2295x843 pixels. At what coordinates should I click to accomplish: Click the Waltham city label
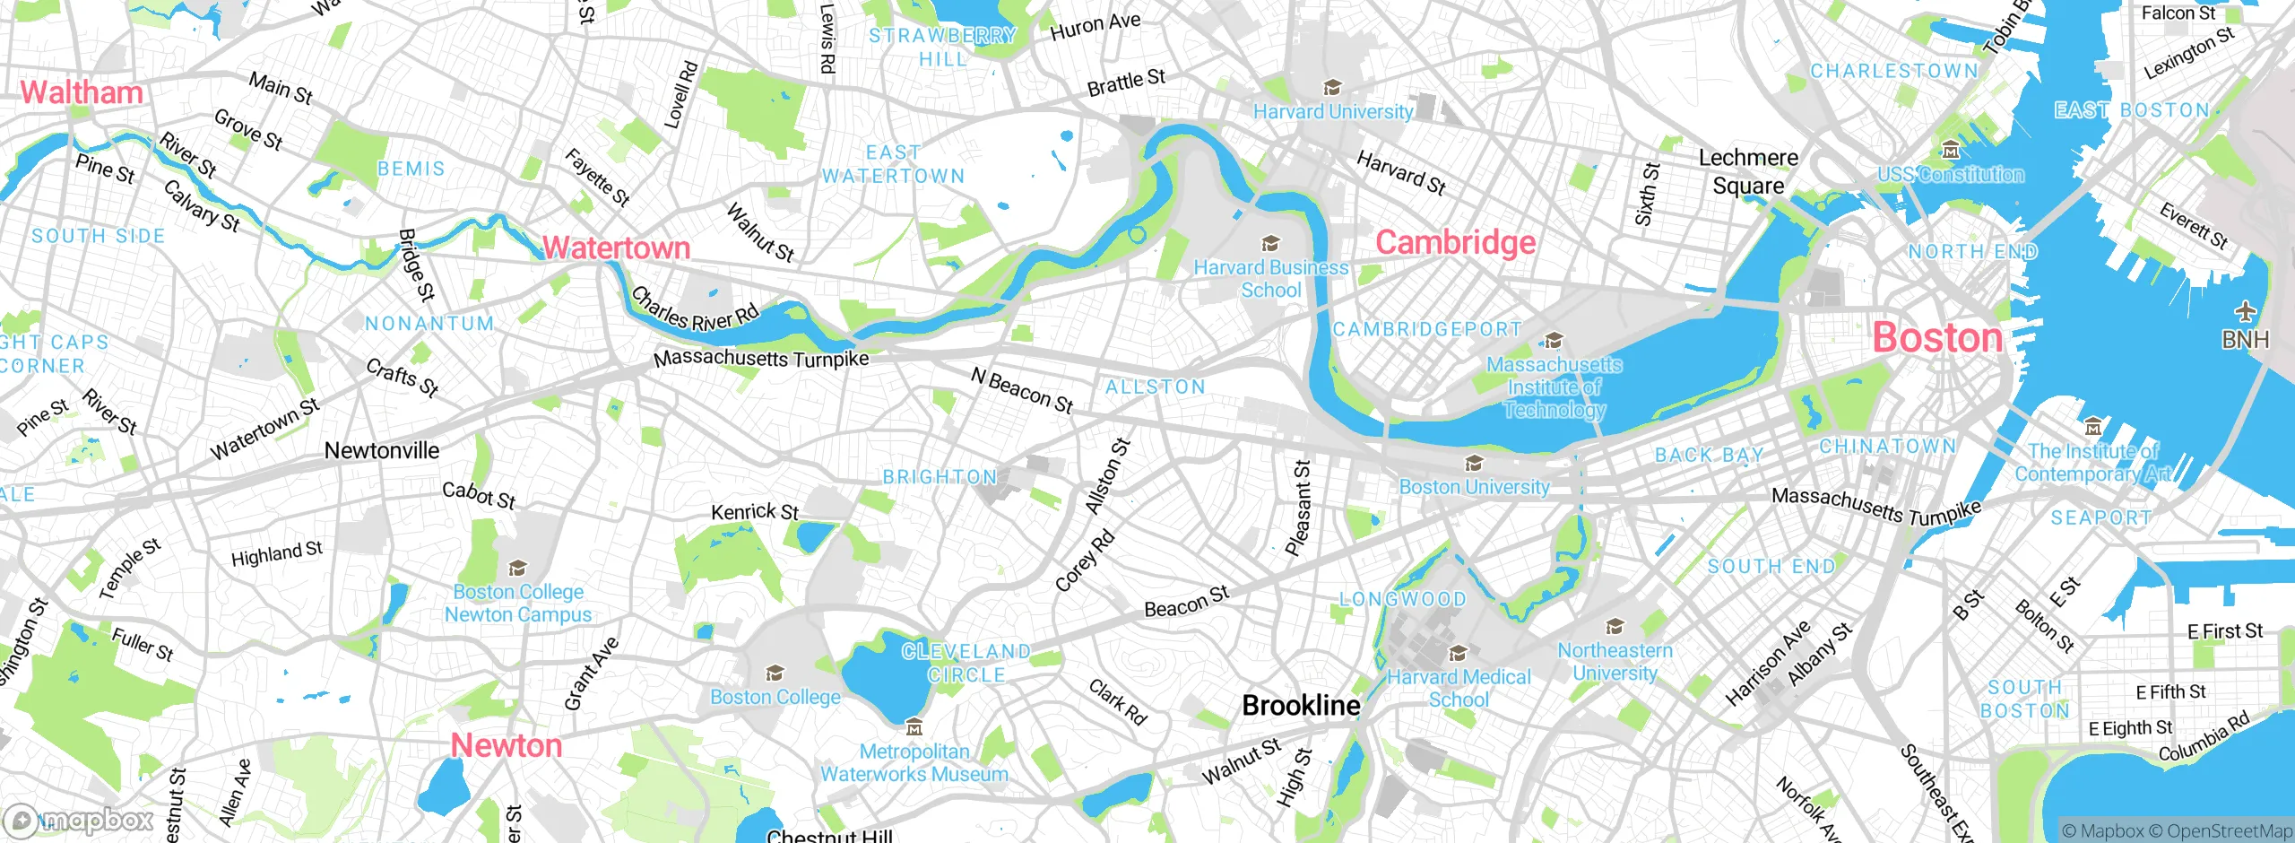coord(82,92)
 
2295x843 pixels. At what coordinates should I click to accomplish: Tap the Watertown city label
coord(617,248)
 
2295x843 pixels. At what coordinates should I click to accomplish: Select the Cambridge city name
coord(1455,242)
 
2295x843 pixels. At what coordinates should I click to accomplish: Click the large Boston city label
coord(1937,338)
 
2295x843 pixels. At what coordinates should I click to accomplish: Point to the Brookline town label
coord(1301,706)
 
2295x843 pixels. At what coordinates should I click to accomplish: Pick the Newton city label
coord(507,745)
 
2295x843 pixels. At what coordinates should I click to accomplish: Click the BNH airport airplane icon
coord(2245,312)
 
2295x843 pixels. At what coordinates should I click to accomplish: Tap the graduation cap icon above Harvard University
coord(1332,88)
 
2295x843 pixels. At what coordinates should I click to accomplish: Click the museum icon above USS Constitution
coord(1950,150)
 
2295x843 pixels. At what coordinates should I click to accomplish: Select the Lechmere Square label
coord(1748,171)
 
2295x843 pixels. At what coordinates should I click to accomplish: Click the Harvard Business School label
coord(1270,279)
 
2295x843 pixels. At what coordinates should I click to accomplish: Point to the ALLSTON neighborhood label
coord(1155,387)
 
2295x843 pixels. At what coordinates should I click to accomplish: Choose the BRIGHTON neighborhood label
coord(940,477)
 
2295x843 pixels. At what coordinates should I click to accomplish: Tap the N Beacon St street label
coord(1022,391)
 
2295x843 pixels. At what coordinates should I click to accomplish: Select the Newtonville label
coord(382,451)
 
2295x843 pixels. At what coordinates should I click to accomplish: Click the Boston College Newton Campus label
coord(518,603)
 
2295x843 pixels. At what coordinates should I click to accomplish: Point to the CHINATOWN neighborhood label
coord(1887,447)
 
